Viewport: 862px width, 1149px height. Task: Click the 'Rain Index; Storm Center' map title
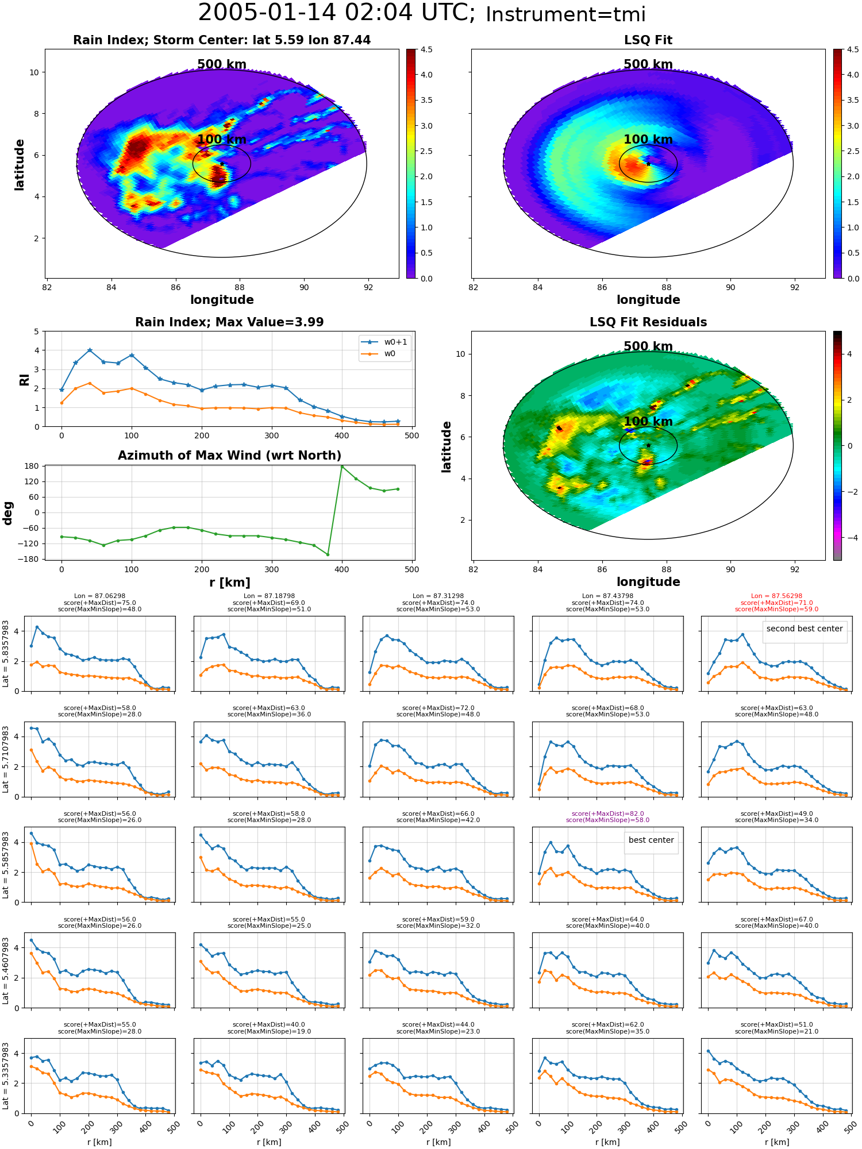coord(222,40)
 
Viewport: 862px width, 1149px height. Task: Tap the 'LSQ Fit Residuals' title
coord(648,322)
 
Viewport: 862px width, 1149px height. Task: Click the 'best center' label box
coord(651,840)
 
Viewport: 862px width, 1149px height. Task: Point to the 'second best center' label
coord(805,629)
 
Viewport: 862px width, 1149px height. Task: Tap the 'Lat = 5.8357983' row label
coord(6,654)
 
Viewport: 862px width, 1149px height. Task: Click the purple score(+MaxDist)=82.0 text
coord(607,813)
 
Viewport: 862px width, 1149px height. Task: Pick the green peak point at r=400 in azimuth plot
coord(342,466)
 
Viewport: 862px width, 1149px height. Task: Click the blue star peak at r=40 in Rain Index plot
coord(90,350)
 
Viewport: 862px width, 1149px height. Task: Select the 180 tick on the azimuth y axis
coord(32,466)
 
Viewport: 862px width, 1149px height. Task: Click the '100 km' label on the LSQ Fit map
coord(648,140)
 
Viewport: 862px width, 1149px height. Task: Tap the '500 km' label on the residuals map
coord(648,346)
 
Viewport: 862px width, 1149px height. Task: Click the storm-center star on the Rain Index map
coord(222,164)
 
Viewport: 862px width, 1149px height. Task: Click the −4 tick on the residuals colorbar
coord(850,538)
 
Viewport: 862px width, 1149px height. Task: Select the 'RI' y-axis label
coord(25,380)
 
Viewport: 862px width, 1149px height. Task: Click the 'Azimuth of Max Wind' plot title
coord(229,456)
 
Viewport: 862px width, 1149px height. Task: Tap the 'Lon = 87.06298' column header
coord(99,596)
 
